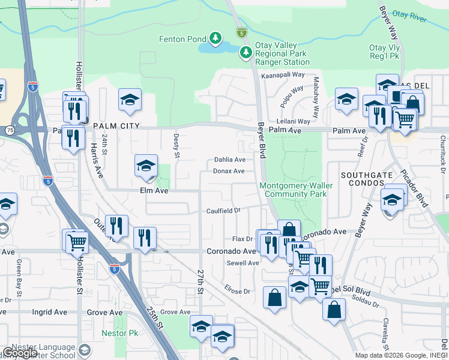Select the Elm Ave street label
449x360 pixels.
(154, 191)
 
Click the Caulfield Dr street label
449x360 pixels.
(223, 211)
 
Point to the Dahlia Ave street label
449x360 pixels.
(230, 160)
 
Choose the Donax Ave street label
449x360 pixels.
(228, 171)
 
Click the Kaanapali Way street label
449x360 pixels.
(283, 76)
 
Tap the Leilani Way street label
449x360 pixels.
(294, 121)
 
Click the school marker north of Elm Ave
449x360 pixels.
(146, 166)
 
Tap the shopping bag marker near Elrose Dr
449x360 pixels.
(274, 297)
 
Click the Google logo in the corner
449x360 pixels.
(20, 353)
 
